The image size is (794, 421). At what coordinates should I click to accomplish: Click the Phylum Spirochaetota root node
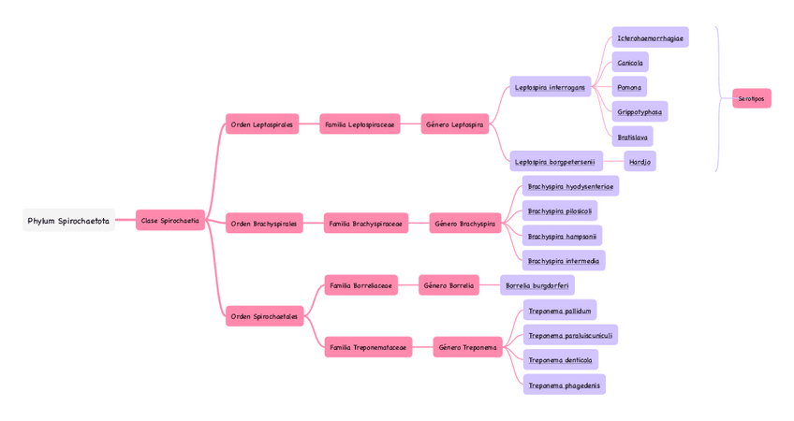[x=68, y=221]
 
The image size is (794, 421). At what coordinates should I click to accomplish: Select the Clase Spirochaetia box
[x=169, y=221]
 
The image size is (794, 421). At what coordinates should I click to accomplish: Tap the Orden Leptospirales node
[x=262, y=124]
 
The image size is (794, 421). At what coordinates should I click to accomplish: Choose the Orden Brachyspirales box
[x=264, y=224]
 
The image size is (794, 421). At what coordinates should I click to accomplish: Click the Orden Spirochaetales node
[x=264, y=316]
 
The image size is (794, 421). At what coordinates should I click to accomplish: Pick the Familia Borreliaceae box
[x=360, y=285]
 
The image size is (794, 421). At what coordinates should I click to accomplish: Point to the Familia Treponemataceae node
[x=368, y=347]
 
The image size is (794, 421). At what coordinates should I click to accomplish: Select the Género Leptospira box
[x=455, y=124]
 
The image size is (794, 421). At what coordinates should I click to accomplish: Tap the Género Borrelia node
[x=448, y=285]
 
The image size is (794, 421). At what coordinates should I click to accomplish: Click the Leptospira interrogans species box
[x=550, y=87]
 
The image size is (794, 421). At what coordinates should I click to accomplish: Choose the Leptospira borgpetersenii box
[x=556, y=162]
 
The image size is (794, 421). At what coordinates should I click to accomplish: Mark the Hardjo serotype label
[x=640, y=162]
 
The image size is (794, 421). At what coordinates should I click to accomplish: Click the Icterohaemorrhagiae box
[x=650, y=38]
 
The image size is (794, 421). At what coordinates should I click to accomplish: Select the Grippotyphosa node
[x=640, y=112]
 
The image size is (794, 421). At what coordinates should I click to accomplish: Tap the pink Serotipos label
[x=751, y=98]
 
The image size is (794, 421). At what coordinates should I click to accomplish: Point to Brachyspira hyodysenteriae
[x=570, y=186]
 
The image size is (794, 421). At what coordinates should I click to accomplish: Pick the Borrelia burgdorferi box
[x=537, y=285]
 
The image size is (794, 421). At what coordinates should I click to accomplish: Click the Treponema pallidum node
[x=559, y=311]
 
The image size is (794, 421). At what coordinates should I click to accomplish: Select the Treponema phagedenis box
[x=564, y=385]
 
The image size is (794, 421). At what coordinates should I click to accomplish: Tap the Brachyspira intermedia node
[x=563, y=261]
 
